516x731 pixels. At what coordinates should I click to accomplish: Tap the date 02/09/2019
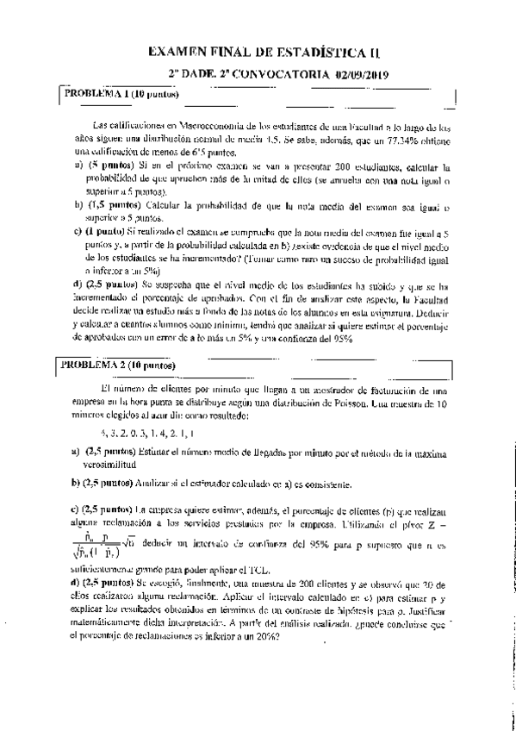(363, 76)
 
